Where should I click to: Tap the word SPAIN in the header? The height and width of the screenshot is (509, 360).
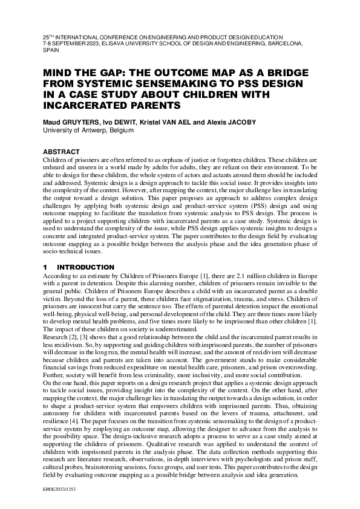point(47,51)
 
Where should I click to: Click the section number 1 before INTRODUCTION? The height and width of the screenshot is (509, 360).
point(45,267)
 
